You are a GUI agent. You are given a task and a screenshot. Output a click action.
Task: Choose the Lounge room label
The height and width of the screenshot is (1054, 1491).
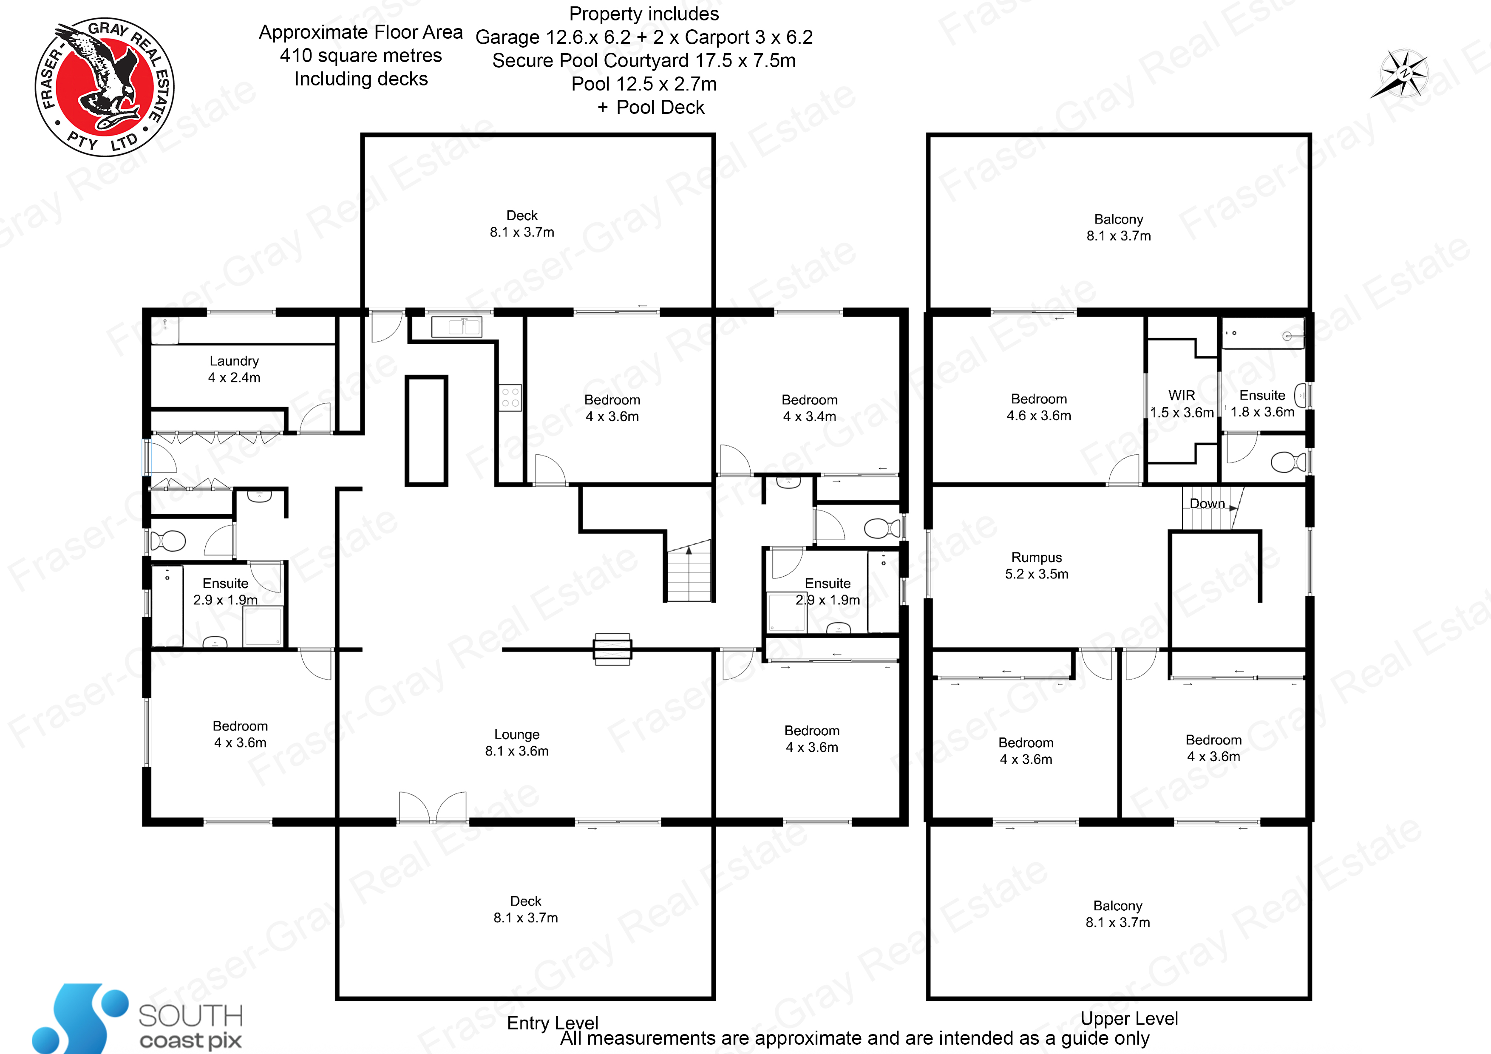point(517,742)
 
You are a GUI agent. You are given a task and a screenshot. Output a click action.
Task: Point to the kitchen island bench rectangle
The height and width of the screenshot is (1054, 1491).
point(427,431)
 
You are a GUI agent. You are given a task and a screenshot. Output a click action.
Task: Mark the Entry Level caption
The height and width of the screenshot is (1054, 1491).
point(553,1023)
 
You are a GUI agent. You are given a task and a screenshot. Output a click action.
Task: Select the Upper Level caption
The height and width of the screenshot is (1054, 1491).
point(1129,1018)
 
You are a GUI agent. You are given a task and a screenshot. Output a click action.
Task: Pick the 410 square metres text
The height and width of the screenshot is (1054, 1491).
point(361,56)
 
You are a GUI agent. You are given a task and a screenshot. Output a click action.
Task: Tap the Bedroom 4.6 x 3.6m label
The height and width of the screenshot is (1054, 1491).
point(1039,407)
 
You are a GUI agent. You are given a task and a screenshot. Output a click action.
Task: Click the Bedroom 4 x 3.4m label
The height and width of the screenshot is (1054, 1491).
point(809,408)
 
